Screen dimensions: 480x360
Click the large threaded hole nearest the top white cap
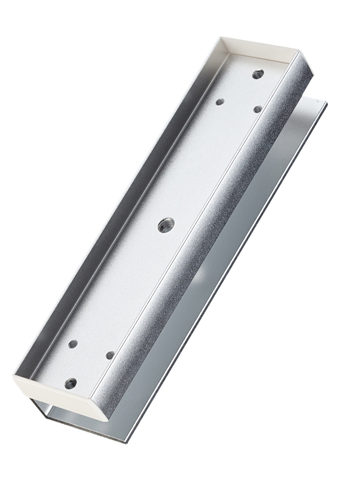[258, 74]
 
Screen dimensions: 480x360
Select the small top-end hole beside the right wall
[257, 109]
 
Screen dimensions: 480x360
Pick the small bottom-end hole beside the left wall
[73, 344]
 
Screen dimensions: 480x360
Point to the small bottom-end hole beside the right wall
[110, 355]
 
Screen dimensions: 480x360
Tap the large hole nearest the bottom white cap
[71, 383]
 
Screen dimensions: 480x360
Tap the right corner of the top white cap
[300, 53]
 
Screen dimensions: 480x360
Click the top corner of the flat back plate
[325, 103]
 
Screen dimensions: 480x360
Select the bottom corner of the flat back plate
[126, 442]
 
